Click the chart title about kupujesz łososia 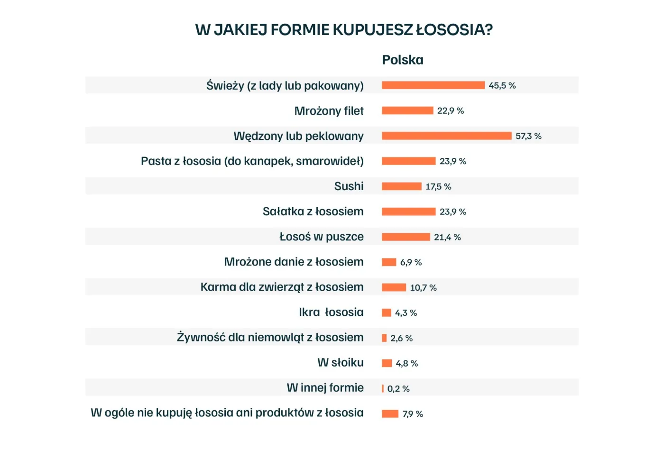point(344,29)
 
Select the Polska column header point(402,60)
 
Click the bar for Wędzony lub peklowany point(446,136)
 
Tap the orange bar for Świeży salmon point(433,85)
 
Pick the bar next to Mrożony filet point(407,110)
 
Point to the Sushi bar point(401,186)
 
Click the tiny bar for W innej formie point(383,388)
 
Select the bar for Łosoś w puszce point(406,237)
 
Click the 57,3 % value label point(528,136)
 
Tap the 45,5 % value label point(502,85)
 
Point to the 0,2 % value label point(398,388)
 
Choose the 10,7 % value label point(423,287)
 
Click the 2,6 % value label point(401,338)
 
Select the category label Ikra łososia point(331,312)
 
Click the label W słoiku point(340,362)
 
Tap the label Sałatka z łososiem point(313,212)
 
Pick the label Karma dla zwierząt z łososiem point(282,287)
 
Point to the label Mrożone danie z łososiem point(294,262)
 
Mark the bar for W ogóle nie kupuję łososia point(390,414)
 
